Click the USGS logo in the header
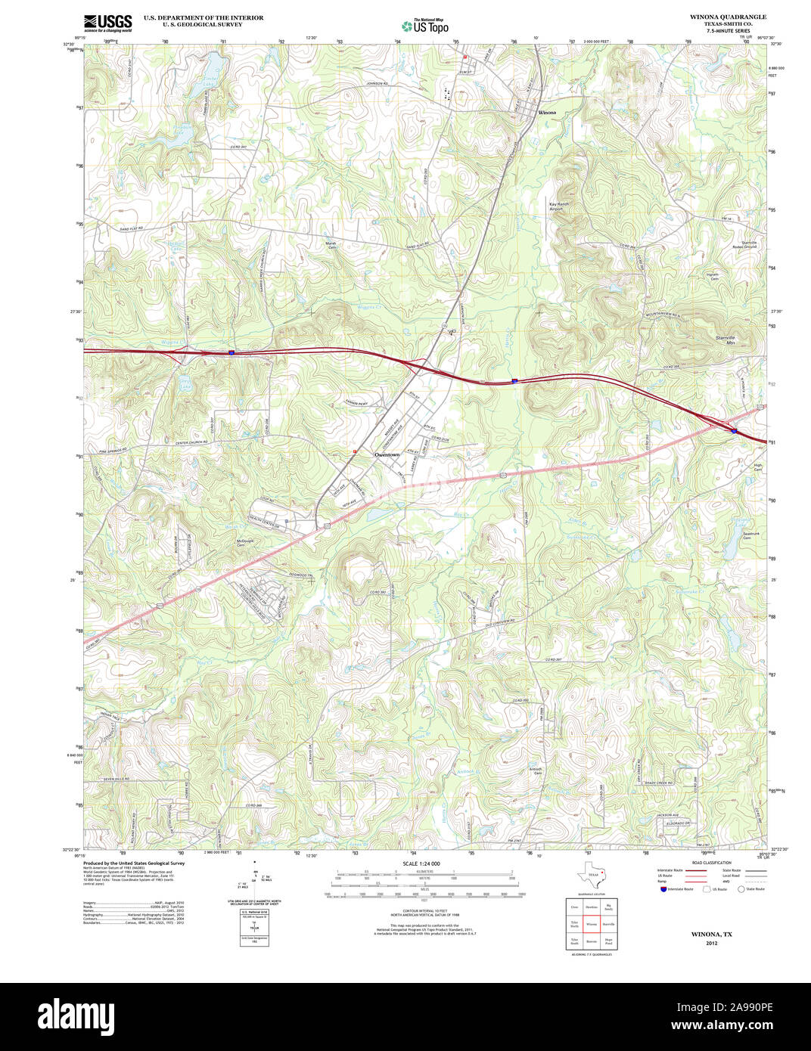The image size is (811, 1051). (x=107, y=23)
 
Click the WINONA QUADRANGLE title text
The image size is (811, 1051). (x=727, y=17)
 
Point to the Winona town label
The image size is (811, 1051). (x=546, y=112)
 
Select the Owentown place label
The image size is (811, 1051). (x=387, y=455)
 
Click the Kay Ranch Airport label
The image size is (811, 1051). (x=556, y=206)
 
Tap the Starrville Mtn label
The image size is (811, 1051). (x=725, y=340)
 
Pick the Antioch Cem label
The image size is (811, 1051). (x=538, y=771)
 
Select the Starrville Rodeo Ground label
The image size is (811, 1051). (x=743, y=245)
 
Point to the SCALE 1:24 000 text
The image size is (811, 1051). (x=421, y=863)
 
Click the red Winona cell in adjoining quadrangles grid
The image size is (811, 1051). (x=591, y=924)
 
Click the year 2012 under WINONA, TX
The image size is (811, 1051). (x=711, y=943)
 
